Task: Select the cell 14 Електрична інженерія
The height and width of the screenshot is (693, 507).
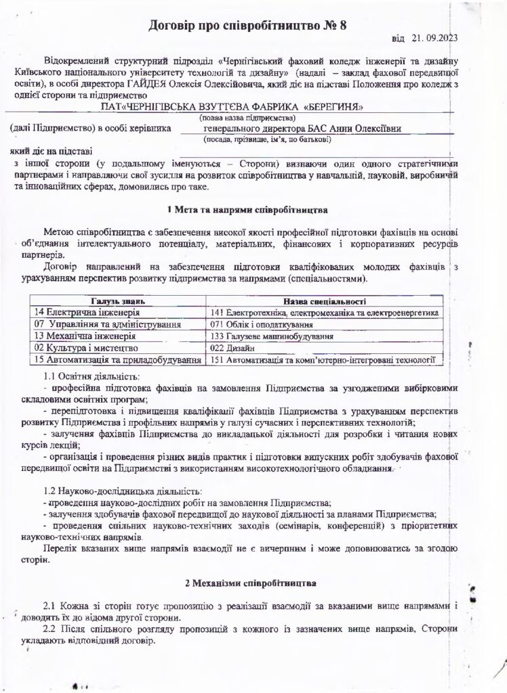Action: pos(87,313)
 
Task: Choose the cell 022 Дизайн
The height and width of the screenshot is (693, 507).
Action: pos(230,348)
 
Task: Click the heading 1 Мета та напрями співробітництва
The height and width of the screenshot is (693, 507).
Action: pos(247,210)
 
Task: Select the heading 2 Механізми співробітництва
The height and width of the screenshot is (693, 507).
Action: pos(247,582)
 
